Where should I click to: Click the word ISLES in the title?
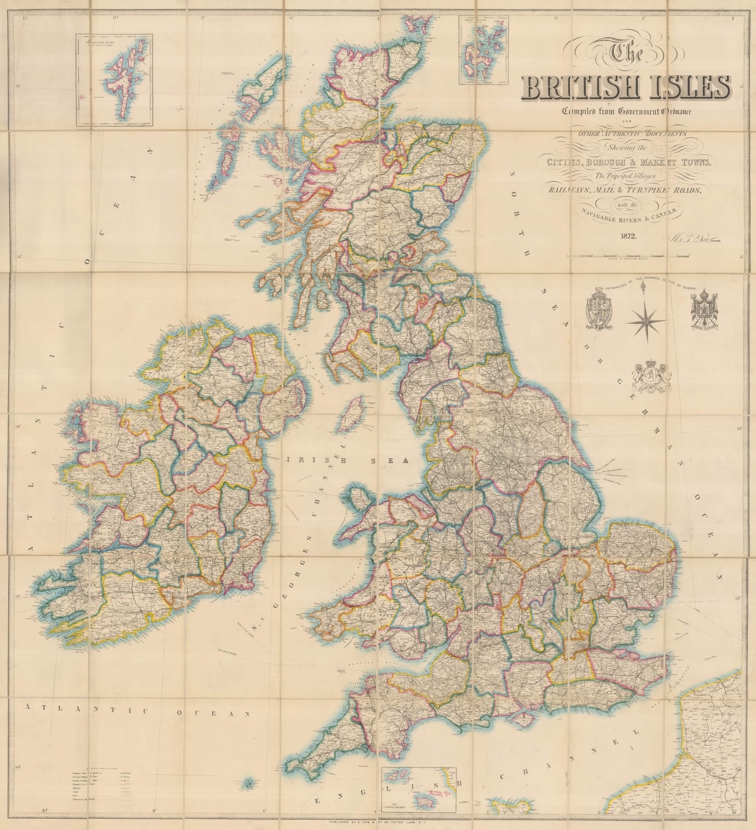pos(690,88)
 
